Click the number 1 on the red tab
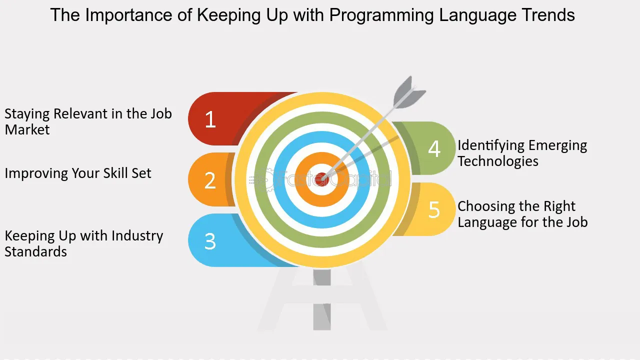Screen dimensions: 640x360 pos(210,119)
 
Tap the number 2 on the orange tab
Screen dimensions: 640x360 pos(210,180)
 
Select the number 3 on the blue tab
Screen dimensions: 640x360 pos(210,241)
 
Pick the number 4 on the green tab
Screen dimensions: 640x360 pos(434,148)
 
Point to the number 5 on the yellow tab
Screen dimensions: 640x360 pos(434,209)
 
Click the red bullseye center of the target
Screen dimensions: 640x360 pos(321,179)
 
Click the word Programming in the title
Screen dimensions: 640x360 pos(381,15)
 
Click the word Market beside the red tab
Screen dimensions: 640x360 pos(27,129)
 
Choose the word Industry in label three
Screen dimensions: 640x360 pos(137,236)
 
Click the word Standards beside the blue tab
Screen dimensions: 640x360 pos(35,251)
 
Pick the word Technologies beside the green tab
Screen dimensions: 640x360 pos(498,161)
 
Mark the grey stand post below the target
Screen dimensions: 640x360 pos(322,299)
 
